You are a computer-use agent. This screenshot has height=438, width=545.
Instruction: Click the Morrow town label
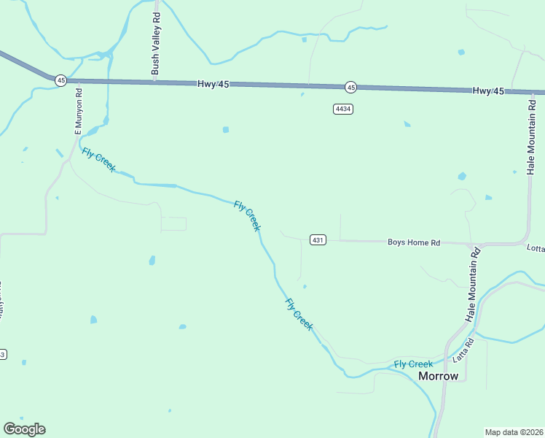pos(439,376)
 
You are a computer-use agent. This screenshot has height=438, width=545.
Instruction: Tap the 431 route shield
pos(317,240)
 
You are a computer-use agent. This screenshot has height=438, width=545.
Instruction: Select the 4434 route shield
pos(343,109)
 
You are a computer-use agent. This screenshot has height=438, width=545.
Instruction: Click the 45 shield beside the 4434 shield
pos(351,88)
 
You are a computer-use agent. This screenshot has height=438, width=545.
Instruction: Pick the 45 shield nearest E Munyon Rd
pos(60,80)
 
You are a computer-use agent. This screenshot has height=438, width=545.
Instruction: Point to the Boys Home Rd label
pos(414,242)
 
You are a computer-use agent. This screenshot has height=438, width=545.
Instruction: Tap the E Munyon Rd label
pos(79,109)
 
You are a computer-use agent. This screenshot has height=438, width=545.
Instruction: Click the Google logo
pos(24,429)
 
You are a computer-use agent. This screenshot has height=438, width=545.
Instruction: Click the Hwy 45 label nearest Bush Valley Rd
pos(213,85)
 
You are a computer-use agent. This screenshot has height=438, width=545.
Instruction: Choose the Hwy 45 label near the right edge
pos(488,91)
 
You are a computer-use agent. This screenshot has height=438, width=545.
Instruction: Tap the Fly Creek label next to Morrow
pos(413,364)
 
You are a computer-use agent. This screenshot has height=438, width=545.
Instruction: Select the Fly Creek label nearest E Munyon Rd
pos(99,160)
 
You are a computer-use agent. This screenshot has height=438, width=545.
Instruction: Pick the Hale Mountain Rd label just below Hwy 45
pos(531,136)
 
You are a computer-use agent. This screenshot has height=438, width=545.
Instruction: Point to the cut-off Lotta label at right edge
pos(536,248)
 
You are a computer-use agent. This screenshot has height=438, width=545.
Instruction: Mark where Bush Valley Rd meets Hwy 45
pos(156,82)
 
